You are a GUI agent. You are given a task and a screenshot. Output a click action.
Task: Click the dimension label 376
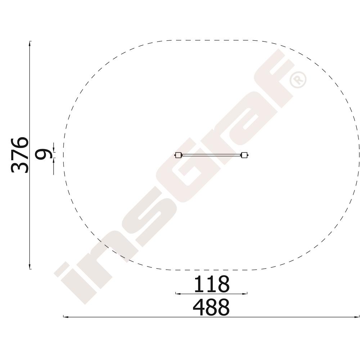point(20,155)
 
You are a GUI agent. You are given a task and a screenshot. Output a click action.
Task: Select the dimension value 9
point(43,155)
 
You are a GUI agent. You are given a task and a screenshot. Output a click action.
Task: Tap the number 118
point(211,284)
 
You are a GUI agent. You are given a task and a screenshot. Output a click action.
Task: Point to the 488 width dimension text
point(211,307)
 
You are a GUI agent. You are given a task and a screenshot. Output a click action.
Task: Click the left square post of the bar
point(178,155)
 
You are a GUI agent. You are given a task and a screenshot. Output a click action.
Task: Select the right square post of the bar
point(244,155)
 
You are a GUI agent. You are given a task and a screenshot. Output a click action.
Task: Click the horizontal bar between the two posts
point(211,155)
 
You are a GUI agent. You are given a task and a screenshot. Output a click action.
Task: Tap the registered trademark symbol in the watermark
point(298,80)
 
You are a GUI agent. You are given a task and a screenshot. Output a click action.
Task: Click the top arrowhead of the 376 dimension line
point(30,44)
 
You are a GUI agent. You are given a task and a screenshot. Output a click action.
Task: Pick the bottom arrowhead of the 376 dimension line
point(30,266)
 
